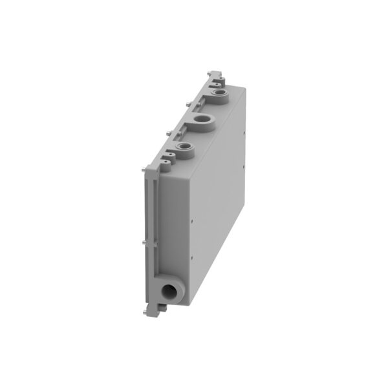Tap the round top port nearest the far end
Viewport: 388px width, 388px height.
click(x=221, y=96)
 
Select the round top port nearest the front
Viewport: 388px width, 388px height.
click(x=187, y=151)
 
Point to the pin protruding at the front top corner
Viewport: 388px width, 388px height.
click(x=142, y=170)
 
